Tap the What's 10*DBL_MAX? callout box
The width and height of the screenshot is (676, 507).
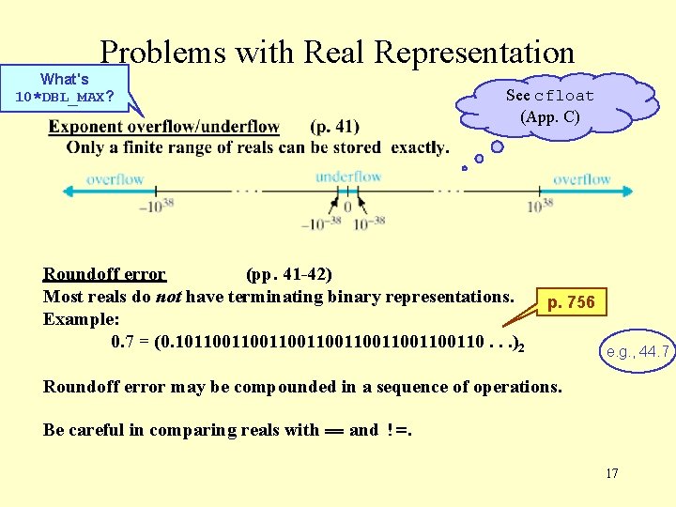click(x=65, y=88)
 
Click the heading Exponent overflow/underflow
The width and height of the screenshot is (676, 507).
click(x=164, y=127)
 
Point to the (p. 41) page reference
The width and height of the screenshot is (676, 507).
click(x=333, y=127)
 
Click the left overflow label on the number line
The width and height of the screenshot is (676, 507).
click(x=115, y=178)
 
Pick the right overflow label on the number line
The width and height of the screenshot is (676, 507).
click(x=581, y=178)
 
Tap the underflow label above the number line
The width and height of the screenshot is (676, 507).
click(x=348, y=177)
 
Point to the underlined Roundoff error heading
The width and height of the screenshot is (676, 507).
click(x=104, y=274)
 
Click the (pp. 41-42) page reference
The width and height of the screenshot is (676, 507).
click(x=288, y=274)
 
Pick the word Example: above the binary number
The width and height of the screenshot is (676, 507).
click(x=78, y=319)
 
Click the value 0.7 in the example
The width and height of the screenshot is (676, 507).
click(x=122, y=342)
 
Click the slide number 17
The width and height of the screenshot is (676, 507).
click(x=611, y=473)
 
